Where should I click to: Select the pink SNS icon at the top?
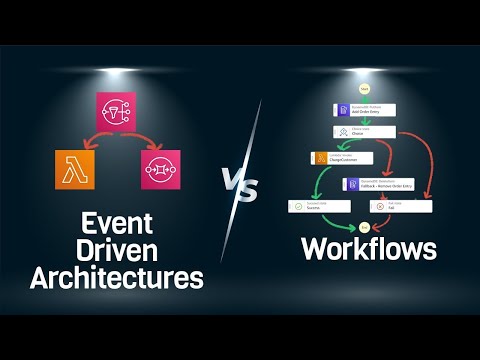119,113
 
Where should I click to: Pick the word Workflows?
369,249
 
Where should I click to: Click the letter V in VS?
232,185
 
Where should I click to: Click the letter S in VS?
250,190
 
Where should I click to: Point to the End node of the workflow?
364,228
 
